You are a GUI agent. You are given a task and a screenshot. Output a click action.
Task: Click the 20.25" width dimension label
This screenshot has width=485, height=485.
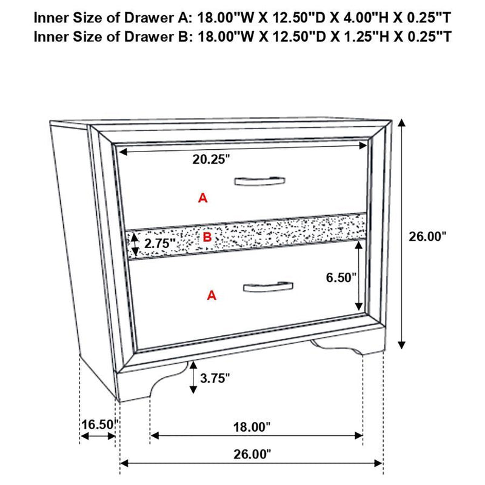[x=212, y=160]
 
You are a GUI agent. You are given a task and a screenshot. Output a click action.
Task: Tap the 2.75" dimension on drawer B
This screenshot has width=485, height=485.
[x=159, y=244]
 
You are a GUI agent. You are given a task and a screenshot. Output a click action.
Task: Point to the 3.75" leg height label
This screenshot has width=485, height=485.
[x=215, y=379]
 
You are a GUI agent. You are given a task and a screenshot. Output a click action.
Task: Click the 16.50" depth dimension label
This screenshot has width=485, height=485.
[x=98, y=424]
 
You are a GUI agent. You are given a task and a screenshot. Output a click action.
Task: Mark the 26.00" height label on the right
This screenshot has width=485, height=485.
[x=427, y=236]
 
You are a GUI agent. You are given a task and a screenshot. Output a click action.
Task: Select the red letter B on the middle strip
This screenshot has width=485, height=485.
[x=207, y=238]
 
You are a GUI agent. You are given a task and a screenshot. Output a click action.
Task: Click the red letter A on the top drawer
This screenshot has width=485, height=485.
[x=202, y=198]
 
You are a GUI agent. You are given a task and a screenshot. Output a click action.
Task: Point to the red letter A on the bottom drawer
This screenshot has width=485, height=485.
[x=212, y=295]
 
